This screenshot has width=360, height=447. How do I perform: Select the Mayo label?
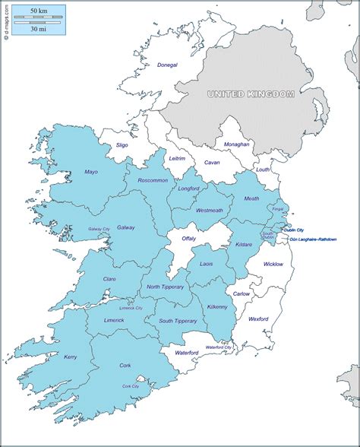[x=91, y=173]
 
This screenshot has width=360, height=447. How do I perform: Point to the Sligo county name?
[x=122, y=144]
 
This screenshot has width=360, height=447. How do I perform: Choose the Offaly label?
[x=188, y=238]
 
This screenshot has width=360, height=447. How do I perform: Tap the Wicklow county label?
[x=273, y=264]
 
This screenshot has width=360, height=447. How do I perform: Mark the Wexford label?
[x=259, y=320]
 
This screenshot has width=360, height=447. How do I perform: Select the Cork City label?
[x=131, y=386]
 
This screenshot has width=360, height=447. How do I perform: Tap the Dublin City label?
[x=295, y=230]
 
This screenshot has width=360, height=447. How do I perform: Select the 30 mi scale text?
[x=38, y=29]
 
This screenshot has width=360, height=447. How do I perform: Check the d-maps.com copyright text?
[x=6, y=23]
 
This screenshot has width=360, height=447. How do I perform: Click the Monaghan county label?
[x=236, y=144]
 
